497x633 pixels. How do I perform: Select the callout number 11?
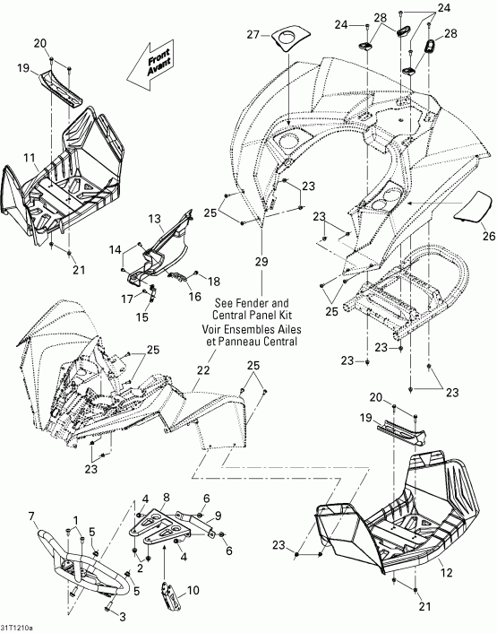pos(29,157)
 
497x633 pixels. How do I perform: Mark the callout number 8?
pos(166,498)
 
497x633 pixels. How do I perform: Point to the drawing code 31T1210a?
pos(19,626)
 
